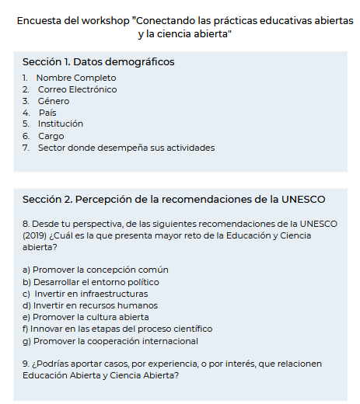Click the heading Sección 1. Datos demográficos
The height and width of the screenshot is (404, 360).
click(x=98, y=62)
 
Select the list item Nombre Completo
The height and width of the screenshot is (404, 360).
click(x=76, y=78)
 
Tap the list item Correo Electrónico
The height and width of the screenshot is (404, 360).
click(x=77, y=89)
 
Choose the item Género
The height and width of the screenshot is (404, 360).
click(x=54, y=101)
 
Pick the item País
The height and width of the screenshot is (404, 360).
click(x=47, y=113)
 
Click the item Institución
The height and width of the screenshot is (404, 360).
click(x=61, y=124)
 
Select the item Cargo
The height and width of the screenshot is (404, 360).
click(x=51, y=136)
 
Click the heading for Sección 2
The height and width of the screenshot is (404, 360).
click(x=173, y=200)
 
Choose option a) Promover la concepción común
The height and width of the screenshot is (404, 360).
click(x=95, y=270)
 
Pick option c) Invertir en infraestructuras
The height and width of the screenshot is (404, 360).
click(x=86, y=294)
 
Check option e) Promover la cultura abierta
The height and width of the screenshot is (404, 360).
click(x=86, y=317)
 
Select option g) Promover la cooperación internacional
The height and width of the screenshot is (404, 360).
click(x=110, y=340)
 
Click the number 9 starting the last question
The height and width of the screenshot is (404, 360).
click(x=26, y=364)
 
